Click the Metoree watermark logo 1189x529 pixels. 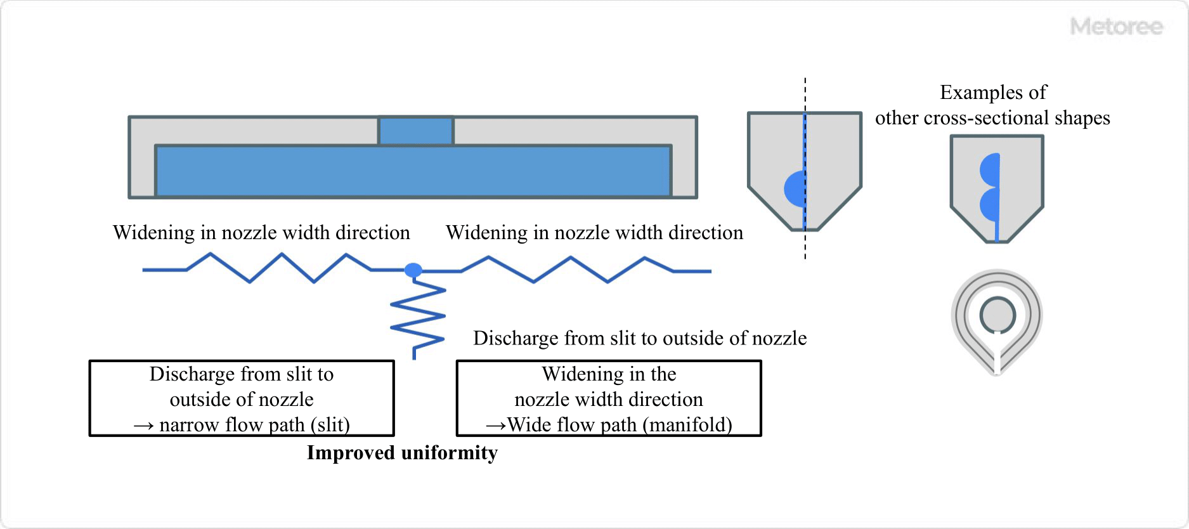1116,27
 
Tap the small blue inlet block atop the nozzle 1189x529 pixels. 416,131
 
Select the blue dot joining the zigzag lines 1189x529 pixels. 413,270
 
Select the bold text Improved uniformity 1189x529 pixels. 402,453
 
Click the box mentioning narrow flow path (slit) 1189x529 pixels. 242,399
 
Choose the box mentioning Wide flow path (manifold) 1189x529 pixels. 609,399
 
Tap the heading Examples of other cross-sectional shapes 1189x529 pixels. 992,105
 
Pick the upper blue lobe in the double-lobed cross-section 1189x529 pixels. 990,169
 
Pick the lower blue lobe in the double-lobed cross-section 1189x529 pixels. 990,204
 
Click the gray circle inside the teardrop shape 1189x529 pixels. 997,315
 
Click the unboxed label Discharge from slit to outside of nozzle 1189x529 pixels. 640,338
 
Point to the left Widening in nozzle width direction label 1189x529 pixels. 261,233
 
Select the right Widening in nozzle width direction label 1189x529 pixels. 594,233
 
